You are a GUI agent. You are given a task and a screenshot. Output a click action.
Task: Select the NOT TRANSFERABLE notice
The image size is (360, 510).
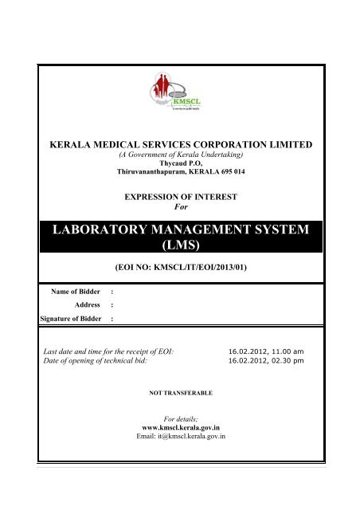pyautogui.click(x=180, y=393)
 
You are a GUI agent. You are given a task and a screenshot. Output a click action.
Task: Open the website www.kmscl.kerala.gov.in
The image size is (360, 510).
pyautogui.click(x=180, y=427)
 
